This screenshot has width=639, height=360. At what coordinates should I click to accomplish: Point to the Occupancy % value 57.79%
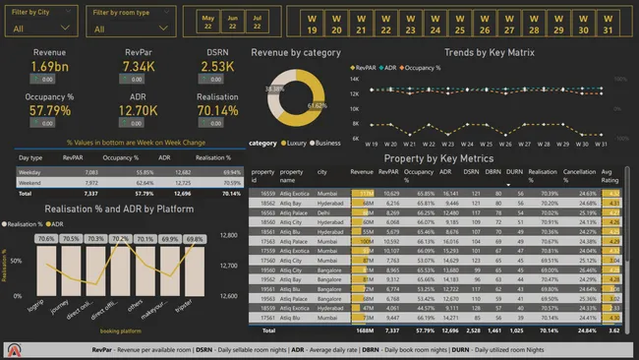49,112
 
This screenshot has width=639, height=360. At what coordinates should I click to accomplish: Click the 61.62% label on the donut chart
317,103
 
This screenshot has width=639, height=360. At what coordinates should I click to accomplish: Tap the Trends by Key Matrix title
489,52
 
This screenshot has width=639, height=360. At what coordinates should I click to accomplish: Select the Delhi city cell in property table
321,211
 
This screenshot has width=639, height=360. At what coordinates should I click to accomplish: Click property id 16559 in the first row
262,194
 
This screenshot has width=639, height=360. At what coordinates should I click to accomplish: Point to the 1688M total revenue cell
361,331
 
